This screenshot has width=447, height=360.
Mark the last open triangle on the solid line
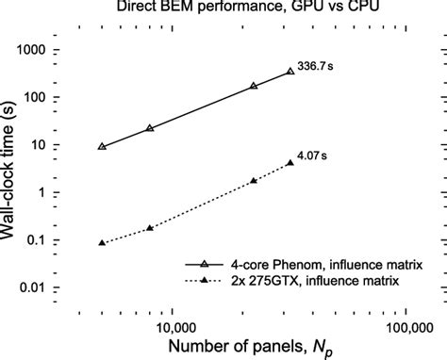point(290,72)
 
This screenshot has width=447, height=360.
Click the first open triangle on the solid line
point(102,147)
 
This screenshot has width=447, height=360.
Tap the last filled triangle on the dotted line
point(290,162)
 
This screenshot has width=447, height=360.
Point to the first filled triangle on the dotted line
point(102,243)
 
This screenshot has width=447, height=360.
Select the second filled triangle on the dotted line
point(150,228)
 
